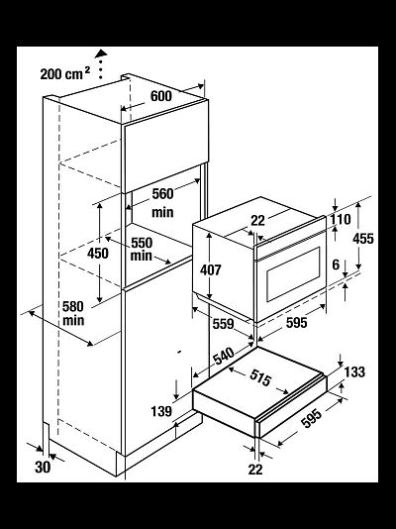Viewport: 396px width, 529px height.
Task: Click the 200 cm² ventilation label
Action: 65,73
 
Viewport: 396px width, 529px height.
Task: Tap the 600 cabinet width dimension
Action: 161,96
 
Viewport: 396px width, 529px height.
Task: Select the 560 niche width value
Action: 162,193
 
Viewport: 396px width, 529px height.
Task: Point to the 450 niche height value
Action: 98,253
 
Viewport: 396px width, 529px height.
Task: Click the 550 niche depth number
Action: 142,243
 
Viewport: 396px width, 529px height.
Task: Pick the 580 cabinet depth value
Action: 73,307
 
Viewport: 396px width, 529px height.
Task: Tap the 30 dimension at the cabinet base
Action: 43,468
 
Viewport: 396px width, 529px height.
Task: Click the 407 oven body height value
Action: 211,269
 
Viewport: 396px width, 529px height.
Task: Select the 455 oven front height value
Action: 363,239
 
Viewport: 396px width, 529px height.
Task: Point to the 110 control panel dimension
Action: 341,219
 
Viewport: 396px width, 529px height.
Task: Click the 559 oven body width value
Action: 223,324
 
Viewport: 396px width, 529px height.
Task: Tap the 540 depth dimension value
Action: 224,356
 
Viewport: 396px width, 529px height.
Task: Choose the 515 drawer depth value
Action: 260,377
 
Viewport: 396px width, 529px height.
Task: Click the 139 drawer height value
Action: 161,411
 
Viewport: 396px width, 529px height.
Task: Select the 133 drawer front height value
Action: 354,372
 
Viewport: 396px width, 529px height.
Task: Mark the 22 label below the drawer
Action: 255,470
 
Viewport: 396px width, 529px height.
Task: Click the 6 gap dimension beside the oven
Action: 336,264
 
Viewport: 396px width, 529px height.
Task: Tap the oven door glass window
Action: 293,274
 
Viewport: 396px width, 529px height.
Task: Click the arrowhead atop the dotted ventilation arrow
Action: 101,53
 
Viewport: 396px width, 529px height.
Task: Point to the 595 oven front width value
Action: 297,323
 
